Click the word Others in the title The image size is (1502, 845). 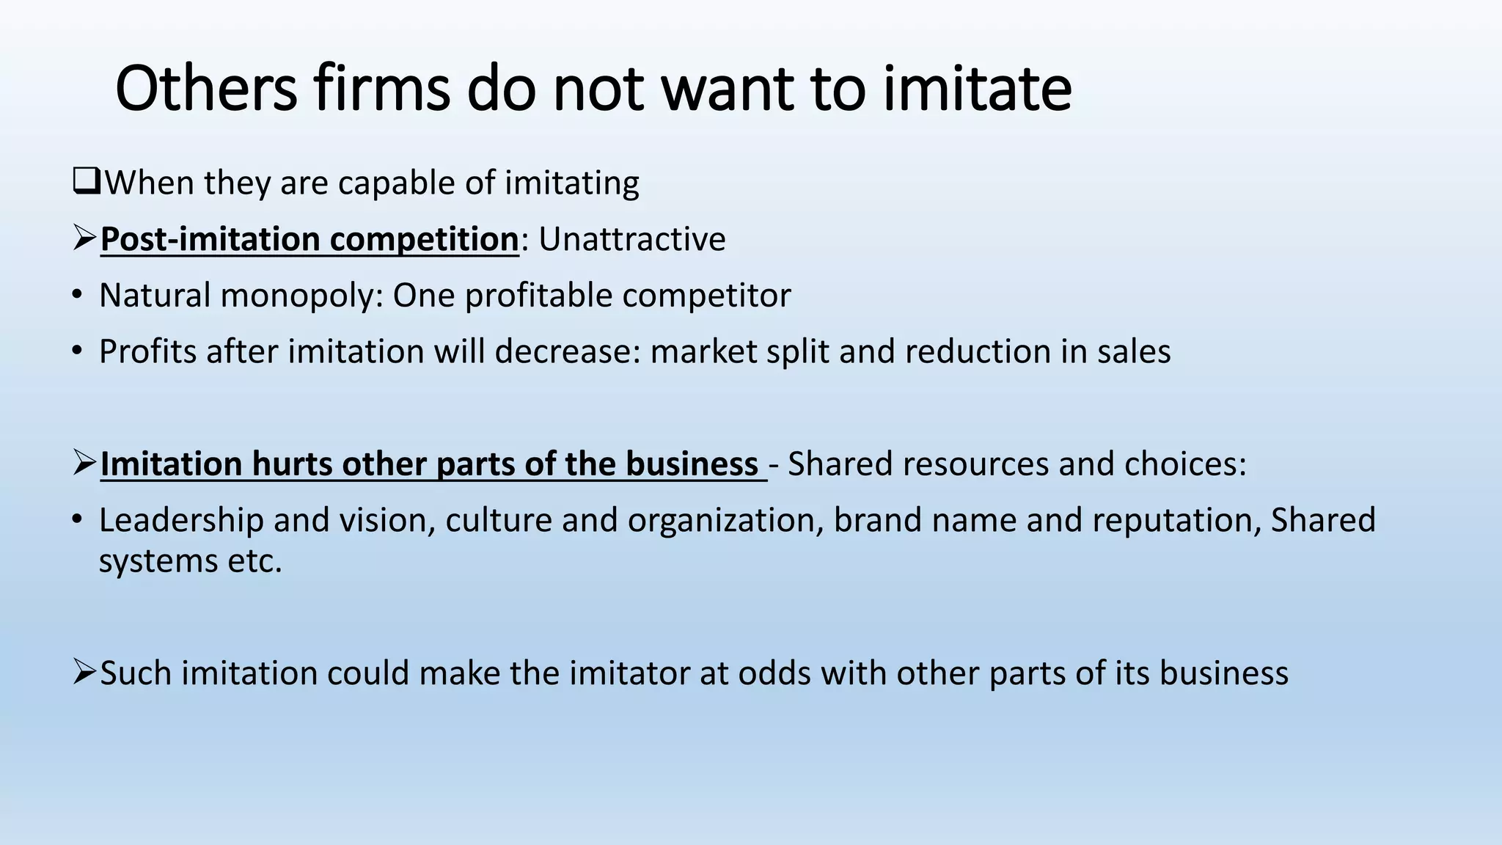(206, 89)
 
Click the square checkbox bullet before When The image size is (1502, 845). (87, 181)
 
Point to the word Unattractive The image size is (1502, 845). (632, 239)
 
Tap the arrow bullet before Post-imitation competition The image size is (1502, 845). (84, 238)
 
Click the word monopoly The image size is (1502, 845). (301, 296)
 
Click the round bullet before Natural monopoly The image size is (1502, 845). (78, 296)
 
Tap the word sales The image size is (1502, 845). (1134, 351)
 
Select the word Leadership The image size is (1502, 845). (181, 520)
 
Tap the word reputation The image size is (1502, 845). (1176, 520)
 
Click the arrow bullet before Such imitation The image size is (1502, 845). (84, 673)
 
